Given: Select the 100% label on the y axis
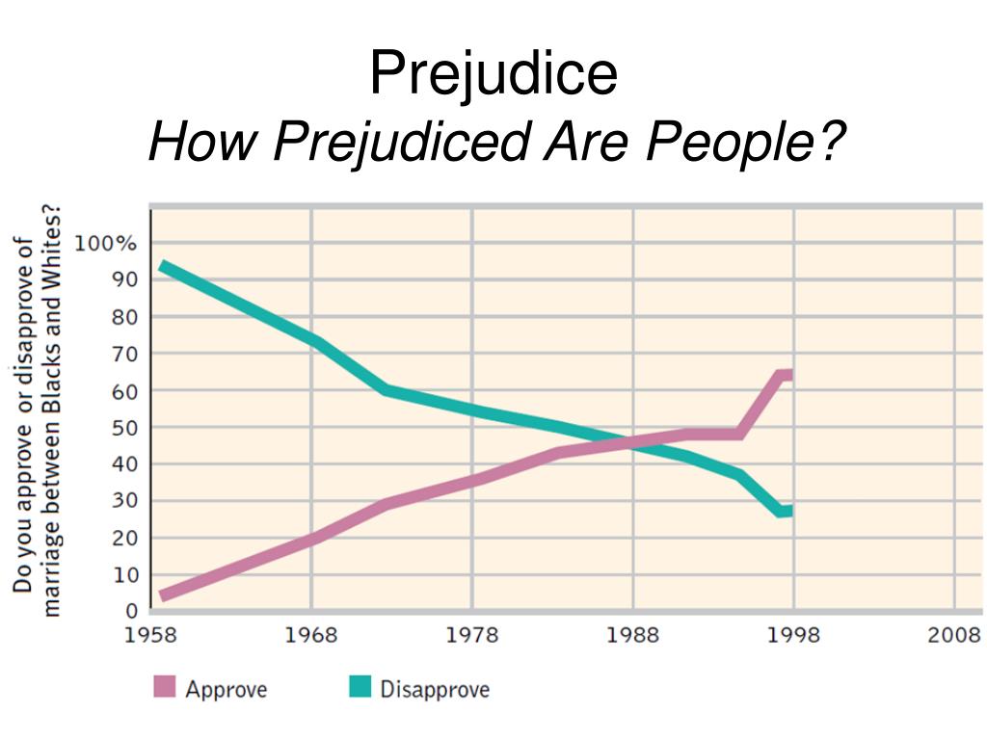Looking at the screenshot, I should click(107, 243).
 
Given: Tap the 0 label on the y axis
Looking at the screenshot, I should click(132, 611).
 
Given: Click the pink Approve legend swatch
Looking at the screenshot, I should click(165, 688).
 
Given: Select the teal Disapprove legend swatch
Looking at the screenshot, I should click(359, 688).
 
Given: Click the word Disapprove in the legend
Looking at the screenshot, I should click(435, 689).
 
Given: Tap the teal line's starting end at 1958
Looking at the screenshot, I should click(164, 267).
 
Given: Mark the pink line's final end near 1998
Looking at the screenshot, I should click(787, 375).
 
